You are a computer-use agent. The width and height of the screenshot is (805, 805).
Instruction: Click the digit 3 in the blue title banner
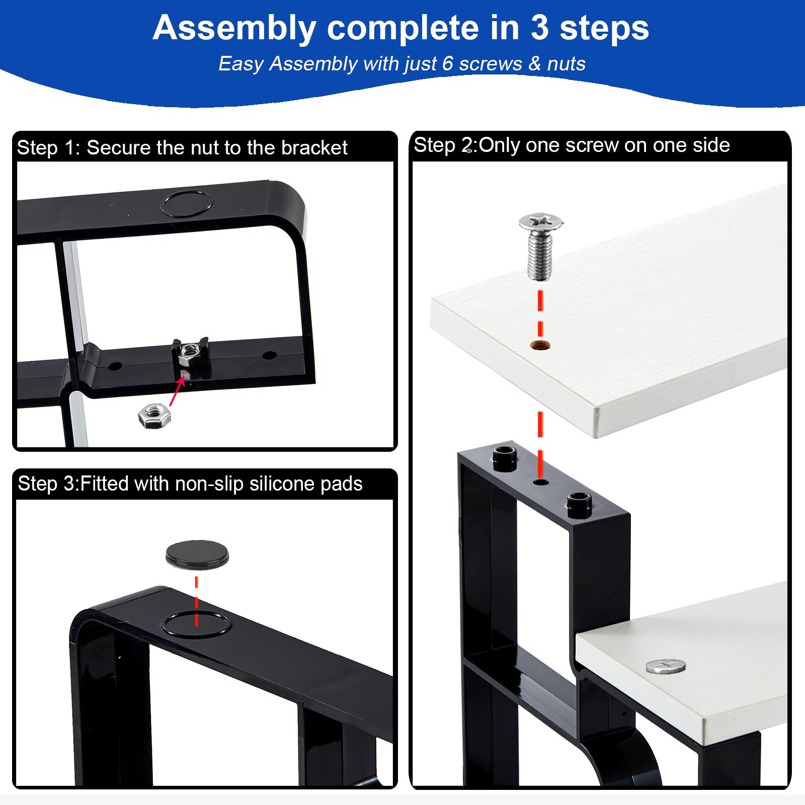(539, 28)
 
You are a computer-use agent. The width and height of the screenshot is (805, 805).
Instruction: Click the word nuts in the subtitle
(566, 64)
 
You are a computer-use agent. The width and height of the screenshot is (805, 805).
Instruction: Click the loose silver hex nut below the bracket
(154, 415)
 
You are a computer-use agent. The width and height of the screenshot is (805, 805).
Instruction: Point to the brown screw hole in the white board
(540, 345)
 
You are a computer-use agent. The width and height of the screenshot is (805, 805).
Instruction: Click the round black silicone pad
(197, 555)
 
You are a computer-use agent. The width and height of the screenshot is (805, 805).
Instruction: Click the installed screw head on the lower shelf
(666, 667)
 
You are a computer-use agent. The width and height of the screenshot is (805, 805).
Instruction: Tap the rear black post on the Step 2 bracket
(505, 457)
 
